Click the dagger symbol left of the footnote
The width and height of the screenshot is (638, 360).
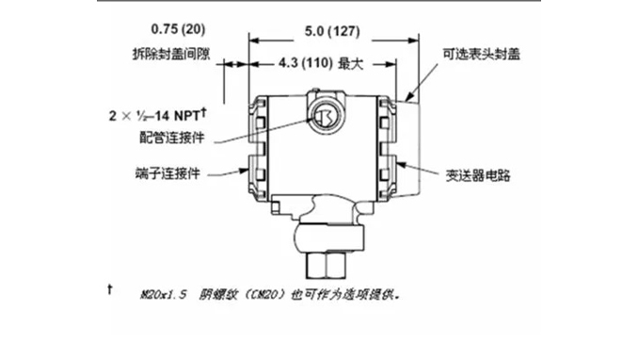coord(113,286)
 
